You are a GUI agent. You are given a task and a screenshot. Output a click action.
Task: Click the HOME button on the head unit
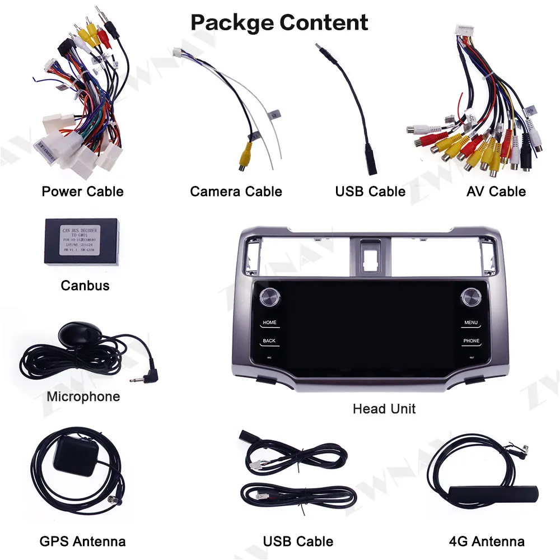click(x=270, y=323)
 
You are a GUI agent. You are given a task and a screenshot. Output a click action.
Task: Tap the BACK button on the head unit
click(x=269, y=340)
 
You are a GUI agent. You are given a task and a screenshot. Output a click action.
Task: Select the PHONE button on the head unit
click(x=471, y=340)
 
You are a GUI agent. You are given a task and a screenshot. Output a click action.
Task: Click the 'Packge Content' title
click(x=279, y=22)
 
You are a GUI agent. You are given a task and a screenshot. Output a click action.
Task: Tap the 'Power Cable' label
click(x=82, y=192)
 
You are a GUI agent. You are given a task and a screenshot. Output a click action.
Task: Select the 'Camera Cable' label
click(x=236, y=192)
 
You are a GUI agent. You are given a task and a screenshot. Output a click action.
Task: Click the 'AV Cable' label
click(x=496, y=192)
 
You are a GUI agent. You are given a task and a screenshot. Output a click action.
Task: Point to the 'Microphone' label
click(x=83, y=397)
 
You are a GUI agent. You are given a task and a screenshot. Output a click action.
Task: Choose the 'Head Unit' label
click(x=384, y=409)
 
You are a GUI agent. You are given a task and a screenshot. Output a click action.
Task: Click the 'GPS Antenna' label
click(x=82, y=542)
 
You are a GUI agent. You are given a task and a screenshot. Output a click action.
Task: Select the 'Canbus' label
click(x=85, y=286)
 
